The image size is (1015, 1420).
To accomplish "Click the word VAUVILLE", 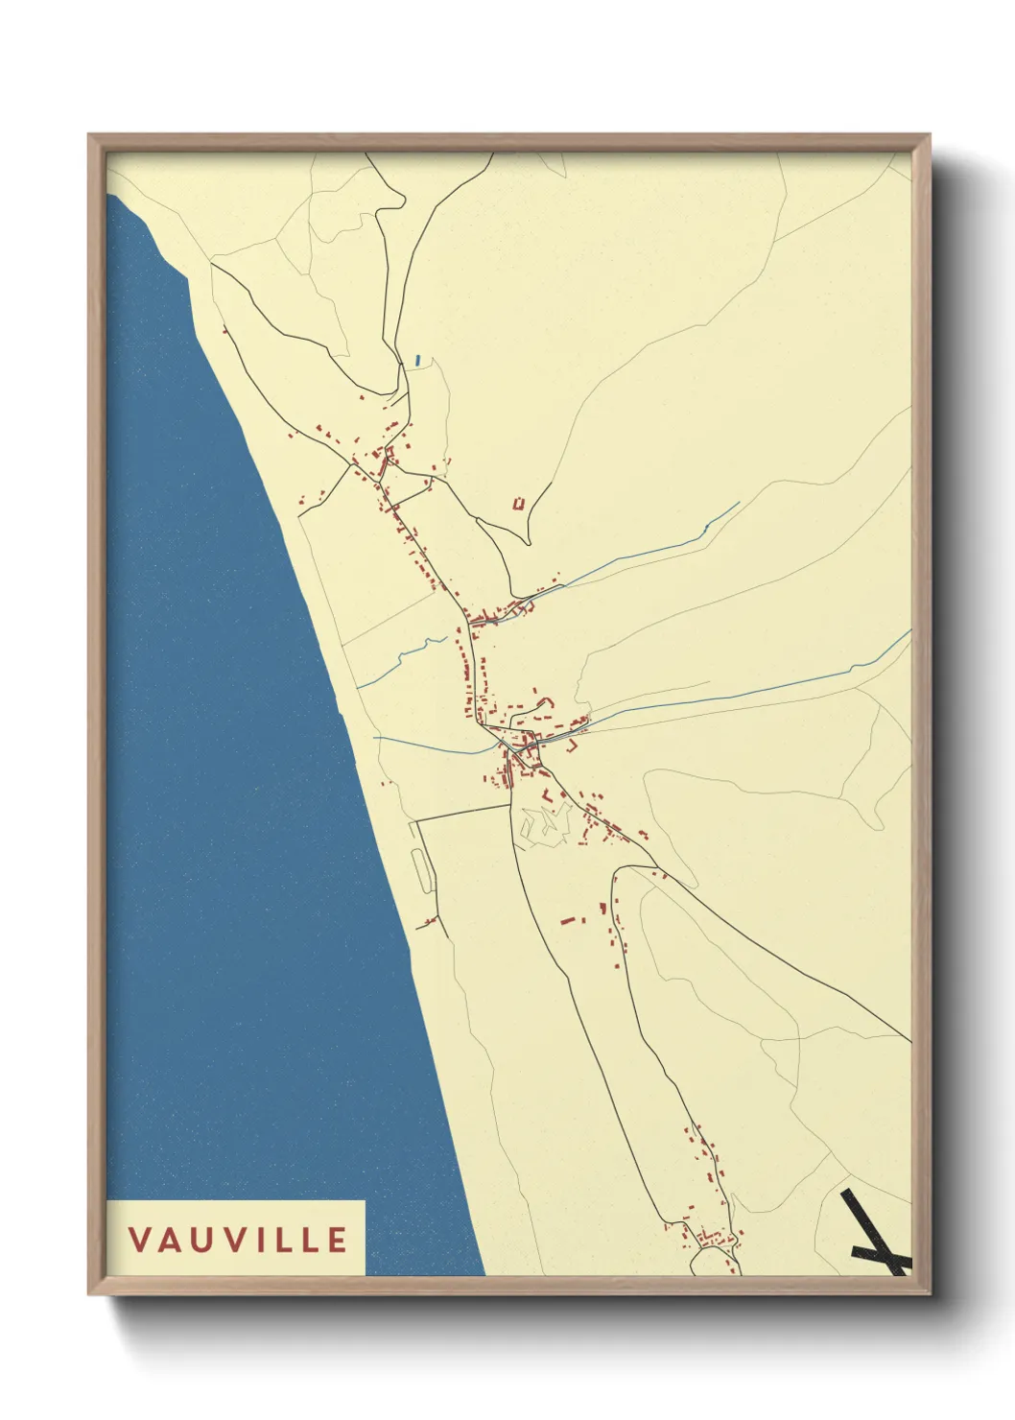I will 238,1239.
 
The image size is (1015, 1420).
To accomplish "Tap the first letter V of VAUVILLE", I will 140,1239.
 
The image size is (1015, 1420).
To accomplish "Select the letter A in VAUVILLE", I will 169,1239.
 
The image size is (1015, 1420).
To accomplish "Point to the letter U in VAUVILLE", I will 199,1239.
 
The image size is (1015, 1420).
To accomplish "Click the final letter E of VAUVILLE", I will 337,1239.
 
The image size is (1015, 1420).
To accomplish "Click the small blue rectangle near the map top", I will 418,361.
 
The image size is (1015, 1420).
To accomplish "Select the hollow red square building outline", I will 519,503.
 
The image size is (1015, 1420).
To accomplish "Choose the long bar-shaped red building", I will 573,920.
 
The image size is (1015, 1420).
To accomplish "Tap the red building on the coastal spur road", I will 429,922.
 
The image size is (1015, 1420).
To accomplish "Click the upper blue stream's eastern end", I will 739,503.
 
